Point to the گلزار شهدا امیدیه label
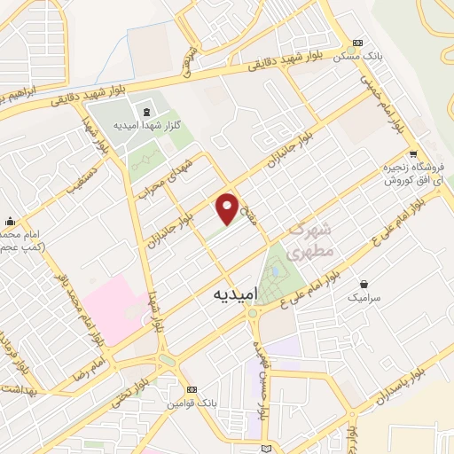146,125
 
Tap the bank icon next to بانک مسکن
358,43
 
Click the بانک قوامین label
189,403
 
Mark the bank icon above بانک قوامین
190,390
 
